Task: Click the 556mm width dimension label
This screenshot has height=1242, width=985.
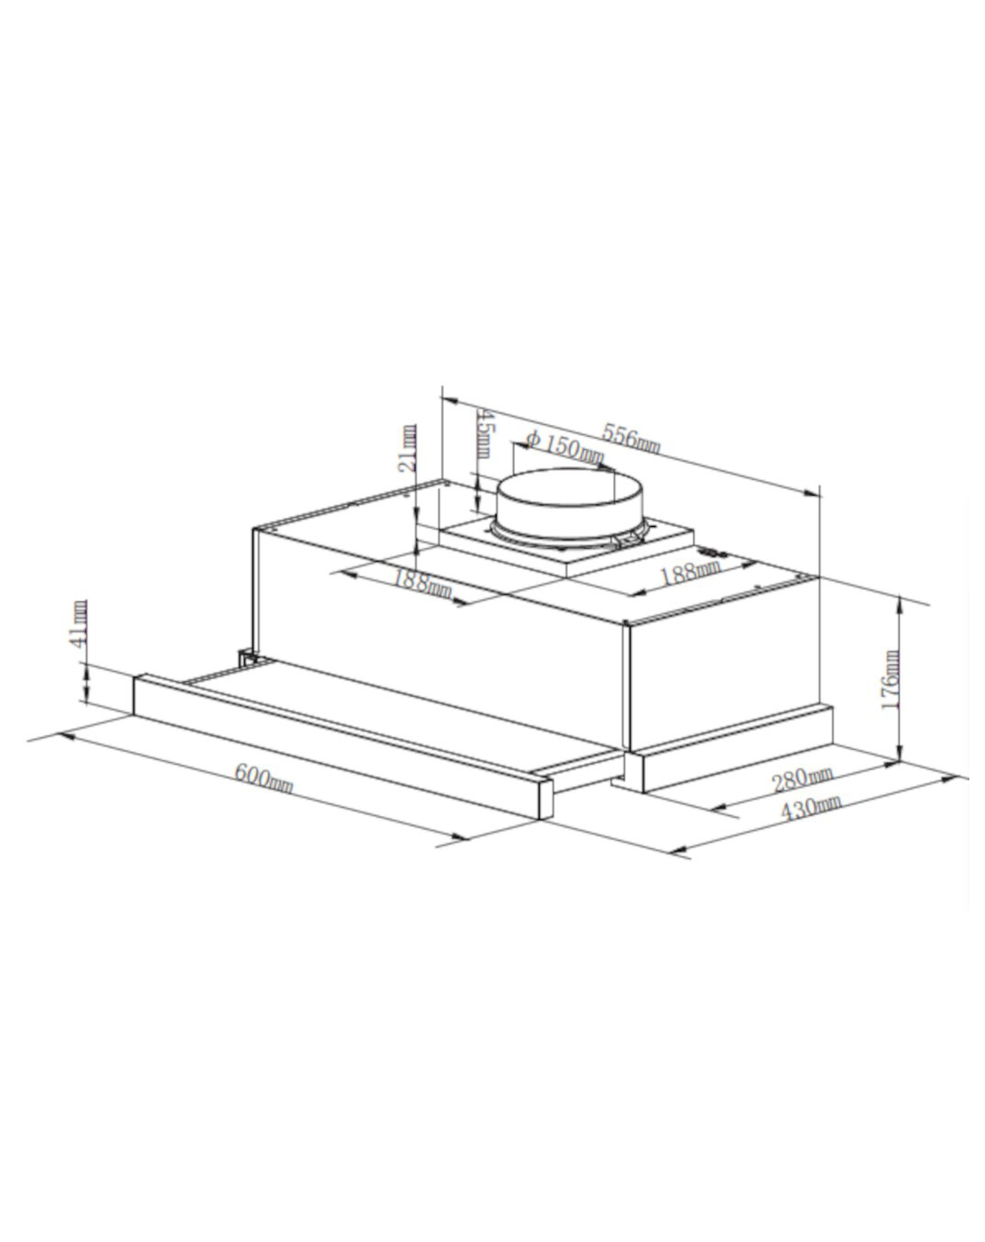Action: click(631, 436)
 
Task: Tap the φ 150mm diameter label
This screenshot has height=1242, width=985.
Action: click(565, 447)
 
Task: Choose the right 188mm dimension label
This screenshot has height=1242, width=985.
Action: click(690, 574)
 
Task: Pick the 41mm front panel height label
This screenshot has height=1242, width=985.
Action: click(81, 623)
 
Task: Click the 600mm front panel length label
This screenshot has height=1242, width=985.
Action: click(263, 778)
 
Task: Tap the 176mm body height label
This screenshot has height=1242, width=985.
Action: click(890, 680)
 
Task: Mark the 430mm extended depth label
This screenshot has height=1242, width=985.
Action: click(810, 808)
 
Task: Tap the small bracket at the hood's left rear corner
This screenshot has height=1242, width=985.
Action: click(246, 657)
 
